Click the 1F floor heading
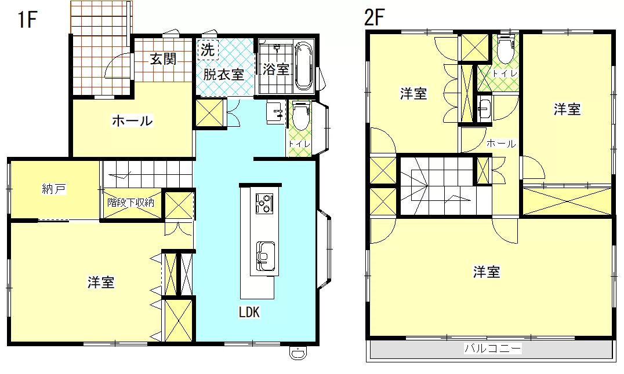click(27, 20)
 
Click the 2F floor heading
click(375, 17)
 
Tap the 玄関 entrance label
click(163, 59)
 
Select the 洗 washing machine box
click(208, 50)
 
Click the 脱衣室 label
click(224, 74)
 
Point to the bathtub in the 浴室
click(305, 66)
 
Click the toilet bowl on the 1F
click(301, 115)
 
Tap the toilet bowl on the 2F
click(506, 49)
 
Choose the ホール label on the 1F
click(132, 120)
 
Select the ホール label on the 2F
click(501, 144)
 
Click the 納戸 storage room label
click(54, 189)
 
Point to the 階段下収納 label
click(130, 202)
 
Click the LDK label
click(249, 313)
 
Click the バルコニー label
click(493, 349)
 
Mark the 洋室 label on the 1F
click(101, 282)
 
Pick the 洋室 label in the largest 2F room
click(487, 272)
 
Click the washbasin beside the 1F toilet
click(275, 112)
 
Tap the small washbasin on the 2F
click(484, 108)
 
